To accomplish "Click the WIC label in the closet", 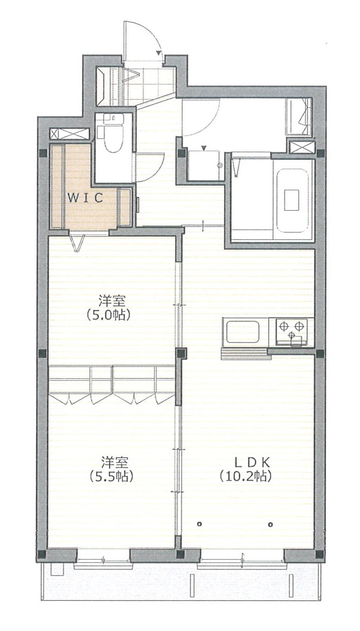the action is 85,198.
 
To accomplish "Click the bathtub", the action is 293,200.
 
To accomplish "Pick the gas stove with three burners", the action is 292,331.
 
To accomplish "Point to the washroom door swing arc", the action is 209,124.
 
